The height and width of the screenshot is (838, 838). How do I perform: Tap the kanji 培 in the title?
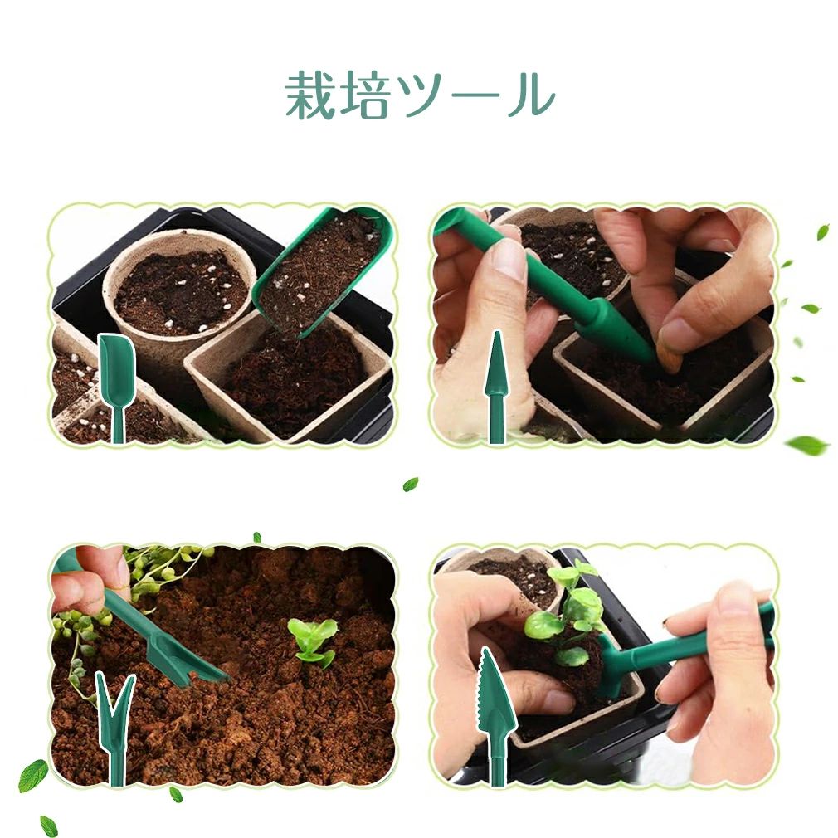click(x=366, y=97)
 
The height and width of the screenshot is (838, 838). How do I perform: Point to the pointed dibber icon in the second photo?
click(x=496, y=387)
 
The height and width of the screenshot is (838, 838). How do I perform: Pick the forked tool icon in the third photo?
click(x=115, y=728)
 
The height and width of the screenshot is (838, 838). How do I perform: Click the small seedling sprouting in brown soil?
click(x=313, y=641)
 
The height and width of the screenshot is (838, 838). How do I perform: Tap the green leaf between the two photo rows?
click(x=410, y=485)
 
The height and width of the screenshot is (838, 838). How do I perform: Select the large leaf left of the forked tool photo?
click(x=33, y=776)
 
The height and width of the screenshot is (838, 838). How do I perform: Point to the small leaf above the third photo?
click(x=256, y=537)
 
